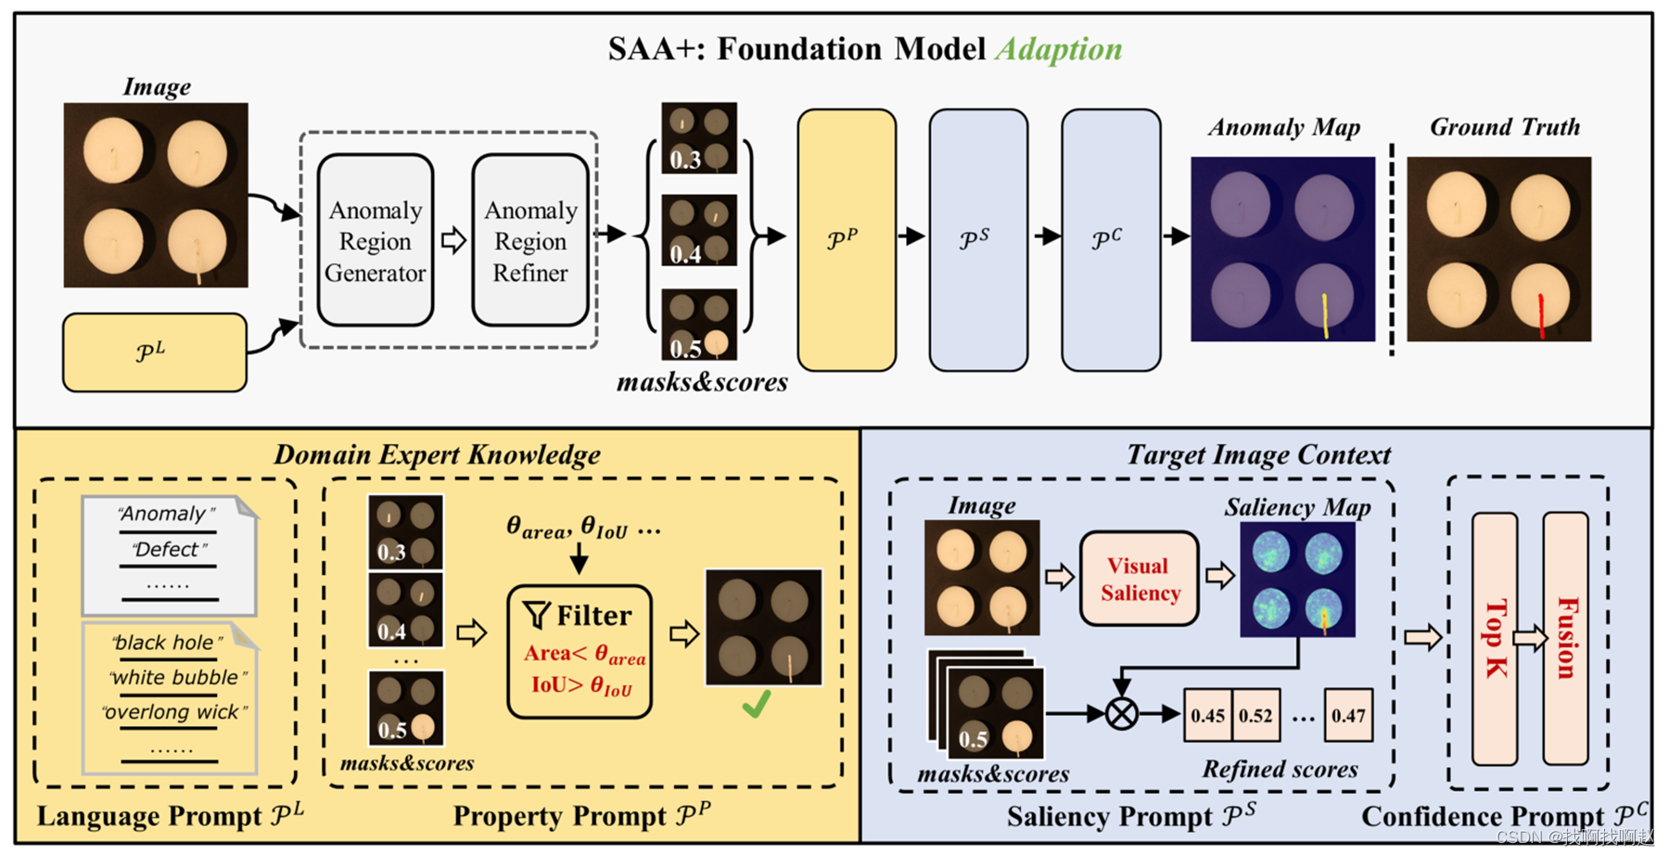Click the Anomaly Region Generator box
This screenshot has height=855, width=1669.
(375, 240)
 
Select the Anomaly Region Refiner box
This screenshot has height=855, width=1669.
(529, 240)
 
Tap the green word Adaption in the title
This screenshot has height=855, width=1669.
(1058, 49)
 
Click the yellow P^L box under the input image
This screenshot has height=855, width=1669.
(154, 352)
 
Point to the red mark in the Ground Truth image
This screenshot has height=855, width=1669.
(1541, 316)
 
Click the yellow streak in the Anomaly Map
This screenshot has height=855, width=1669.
(1325, 315)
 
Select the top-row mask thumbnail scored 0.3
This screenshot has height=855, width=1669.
(698, 138)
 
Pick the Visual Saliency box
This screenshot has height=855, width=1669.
(1139, 579)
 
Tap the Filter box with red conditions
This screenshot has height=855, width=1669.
(580, 651)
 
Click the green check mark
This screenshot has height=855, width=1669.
(756, 706)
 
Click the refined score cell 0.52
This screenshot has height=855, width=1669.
(1255, 715)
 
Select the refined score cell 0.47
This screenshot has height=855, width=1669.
(1347, 715)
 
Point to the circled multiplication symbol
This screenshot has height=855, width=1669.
(1122, 714)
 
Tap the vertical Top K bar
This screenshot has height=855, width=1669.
(1495, 638)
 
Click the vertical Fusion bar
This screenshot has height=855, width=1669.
(1565, 638)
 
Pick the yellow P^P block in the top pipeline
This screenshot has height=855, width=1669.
(846, 240)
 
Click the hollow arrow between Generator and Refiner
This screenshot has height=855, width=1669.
(452, 240)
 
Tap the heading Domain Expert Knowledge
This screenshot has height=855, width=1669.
(437, 454)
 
